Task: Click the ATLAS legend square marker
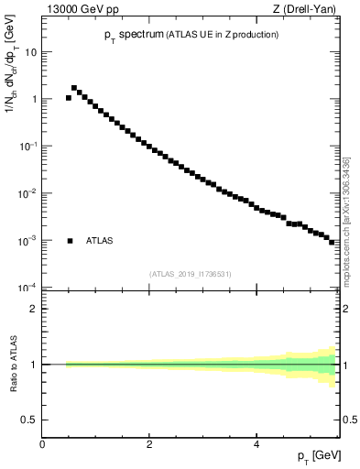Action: point(70,241)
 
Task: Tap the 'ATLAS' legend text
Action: point(100,241)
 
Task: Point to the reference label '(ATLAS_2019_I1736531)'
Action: point(191,273)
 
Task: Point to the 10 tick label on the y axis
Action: point(30,52)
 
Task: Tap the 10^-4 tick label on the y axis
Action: point(27,288)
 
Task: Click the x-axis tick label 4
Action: point(256,445)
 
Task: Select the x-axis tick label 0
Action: point(42,445)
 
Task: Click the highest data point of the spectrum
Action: point(74,88)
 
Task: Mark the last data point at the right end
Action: point(333,242)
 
